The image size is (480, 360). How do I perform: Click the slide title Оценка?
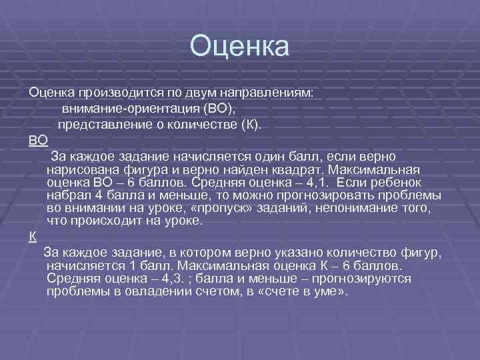click(239, 47)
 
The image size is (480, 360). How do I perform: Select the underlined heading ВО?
click(38, 141)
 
